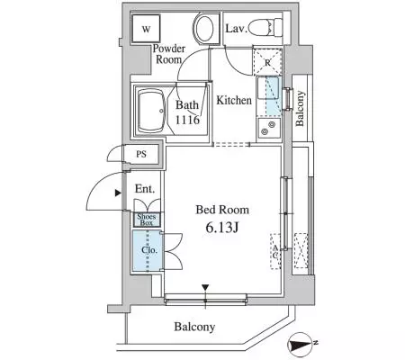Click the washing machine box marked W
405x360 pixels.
tap(146, 29)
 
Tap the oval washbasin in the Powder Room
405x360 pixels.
tap(204, 29)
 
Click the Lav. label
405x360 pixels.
tap(237, 29)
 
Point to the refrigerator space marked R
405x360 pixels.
tap(267, 62)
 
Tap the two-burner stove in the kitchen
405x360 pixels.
tap(268, 128)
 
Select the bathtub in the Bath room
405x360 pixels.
tap(151, 111)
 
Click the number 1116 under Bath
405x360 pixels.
tap(187, 120)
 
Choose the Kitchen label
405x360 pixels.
tap(234, 100)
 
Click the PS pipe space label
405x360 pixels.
tap(141, 154)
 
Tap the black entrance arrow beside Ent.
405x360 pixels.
tap(118, 193)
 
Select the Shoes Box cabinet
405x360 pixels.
tap(147, 220)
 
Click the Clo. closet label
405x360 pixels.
tap(149, 249)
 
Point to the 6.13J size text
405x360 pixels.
tap(222, 228)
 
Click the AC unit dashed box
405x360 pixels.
tap(275, 251)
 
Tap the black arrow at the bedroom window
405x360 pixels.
tap(205, 287)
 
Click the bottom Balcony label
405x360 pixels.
tap(194, 327)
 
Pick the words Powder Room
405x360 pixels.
tap(169, 54)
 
